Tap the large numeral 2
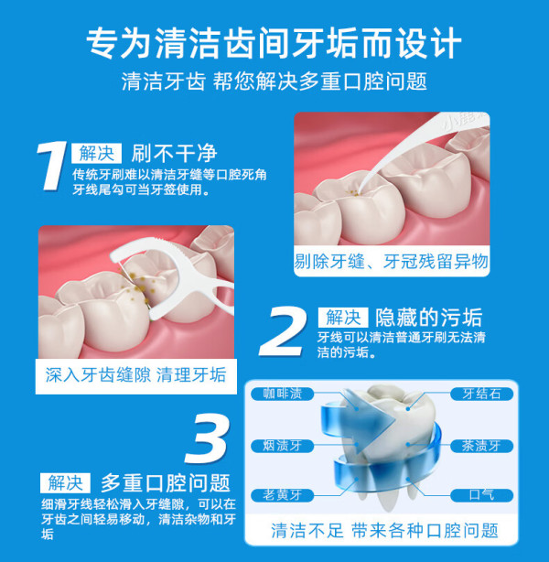(283, 332)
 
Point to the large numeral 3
(208, 438)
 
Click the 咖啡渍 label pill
(283, 394)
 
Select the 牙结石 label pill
(481, 394)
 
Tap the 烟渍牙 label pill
(283, 446)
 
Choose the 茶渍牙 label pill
(481, 446)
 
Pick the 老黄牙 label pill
(283, 495)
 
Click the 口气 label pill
(481, 495)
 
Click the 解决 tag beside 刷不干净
(96, 154)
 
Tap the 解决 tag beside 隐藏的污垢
(343, 318)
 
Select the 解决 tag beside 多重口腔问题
(65, 482)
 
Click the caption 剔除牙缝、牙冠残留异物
(392, 261)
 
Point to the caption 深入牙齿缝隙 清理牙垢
(135, 375)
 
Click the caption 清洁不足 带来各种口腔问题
(384, 531)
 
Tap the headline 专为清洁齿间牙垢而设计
(274, 43)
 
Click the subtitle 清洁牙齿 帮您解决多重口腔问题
(274, 81)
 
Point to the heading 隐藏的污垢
(428, 318)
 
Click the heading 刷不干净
(174, 154)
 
